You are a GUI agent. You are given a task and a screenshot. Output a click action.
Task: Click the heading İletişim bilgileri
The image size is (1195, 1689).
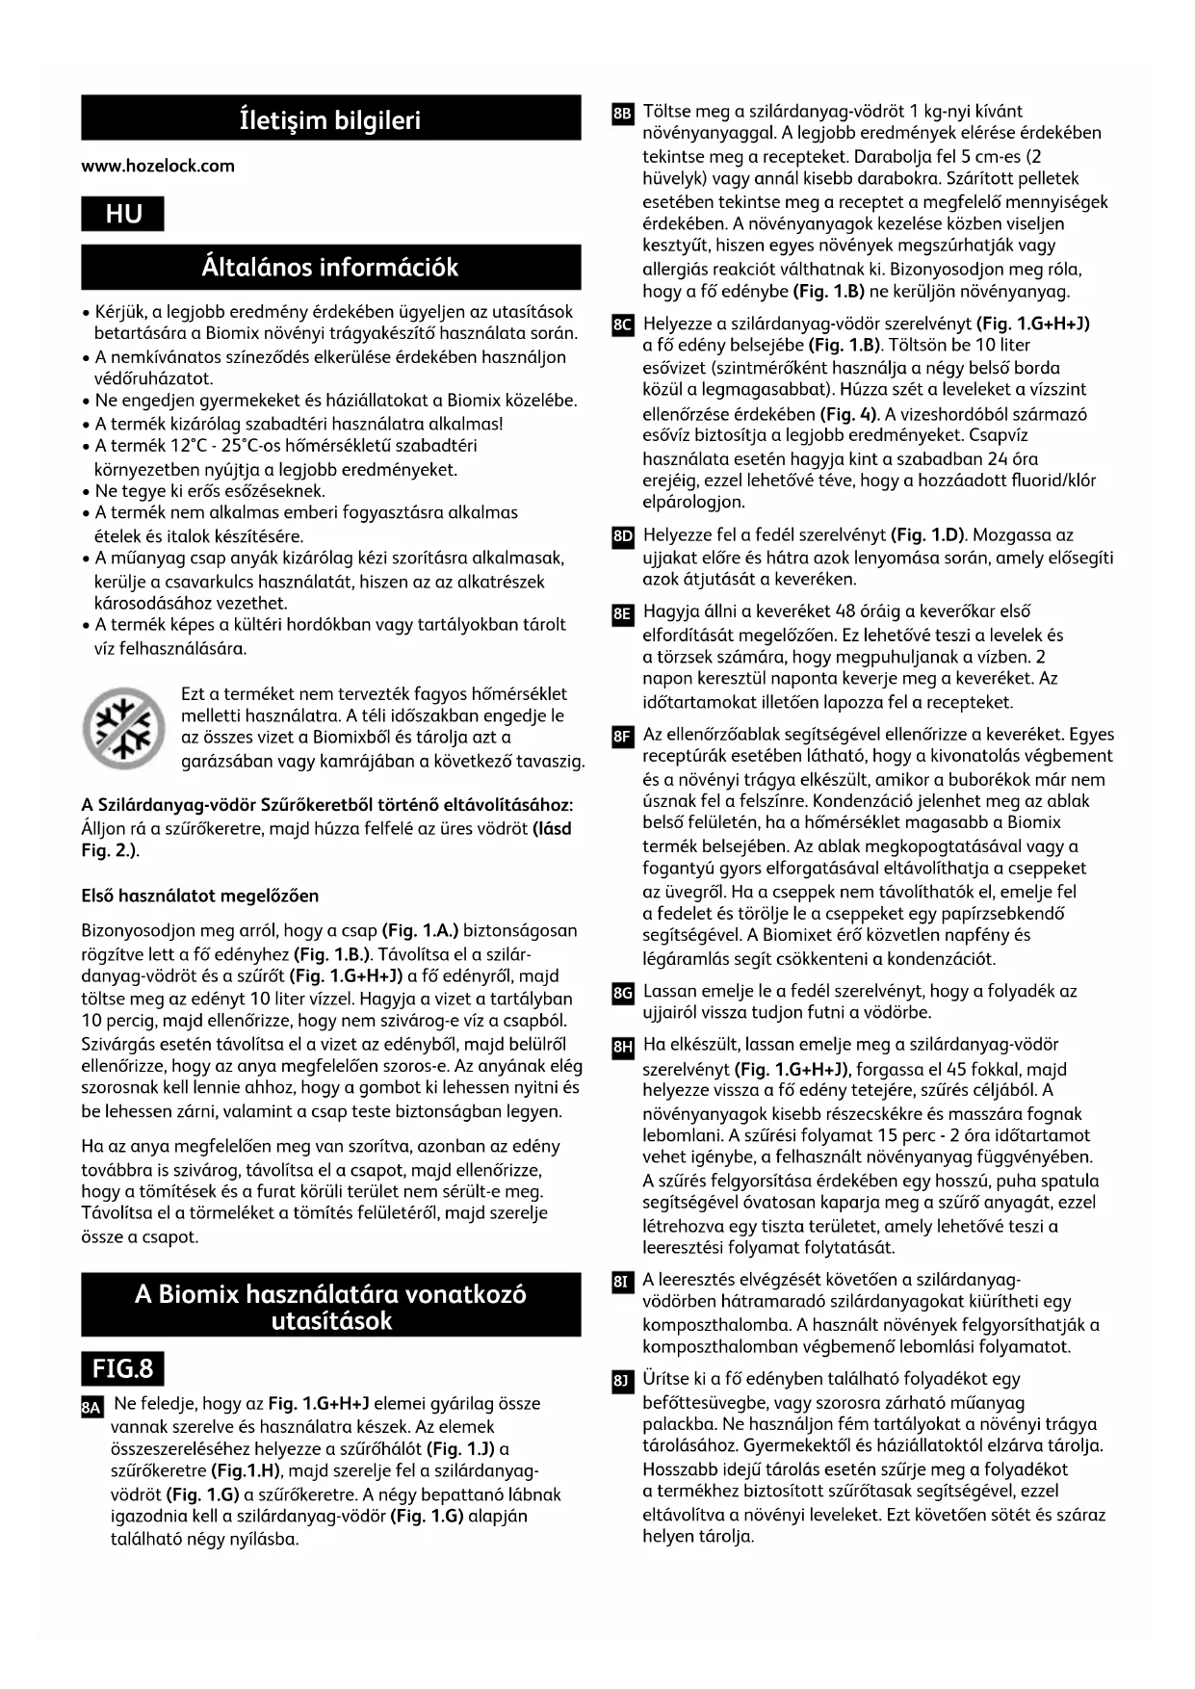pos(330,120)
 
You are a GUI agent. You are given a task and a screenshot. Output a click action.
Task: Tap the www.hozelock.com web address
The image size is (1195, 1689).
pos(158,166)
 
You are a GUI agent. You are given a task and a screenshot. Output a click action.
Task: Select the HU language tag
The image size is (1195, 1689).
pos(123,214)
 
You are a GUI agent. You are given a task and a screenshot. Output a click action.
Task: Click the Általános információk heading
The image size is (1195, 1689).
pos(330,267)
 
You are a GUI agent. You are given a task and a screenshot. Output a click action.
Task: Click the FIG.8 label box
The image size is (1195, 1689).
pos(122,1367)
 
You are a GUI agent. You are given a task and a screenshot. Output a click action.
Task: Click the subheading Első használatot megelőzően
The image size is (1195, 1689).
pos(200,896)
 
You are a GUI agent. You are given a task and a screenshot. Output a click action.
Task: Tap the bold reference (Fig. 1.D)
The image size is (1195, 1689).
pos(930,534)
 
